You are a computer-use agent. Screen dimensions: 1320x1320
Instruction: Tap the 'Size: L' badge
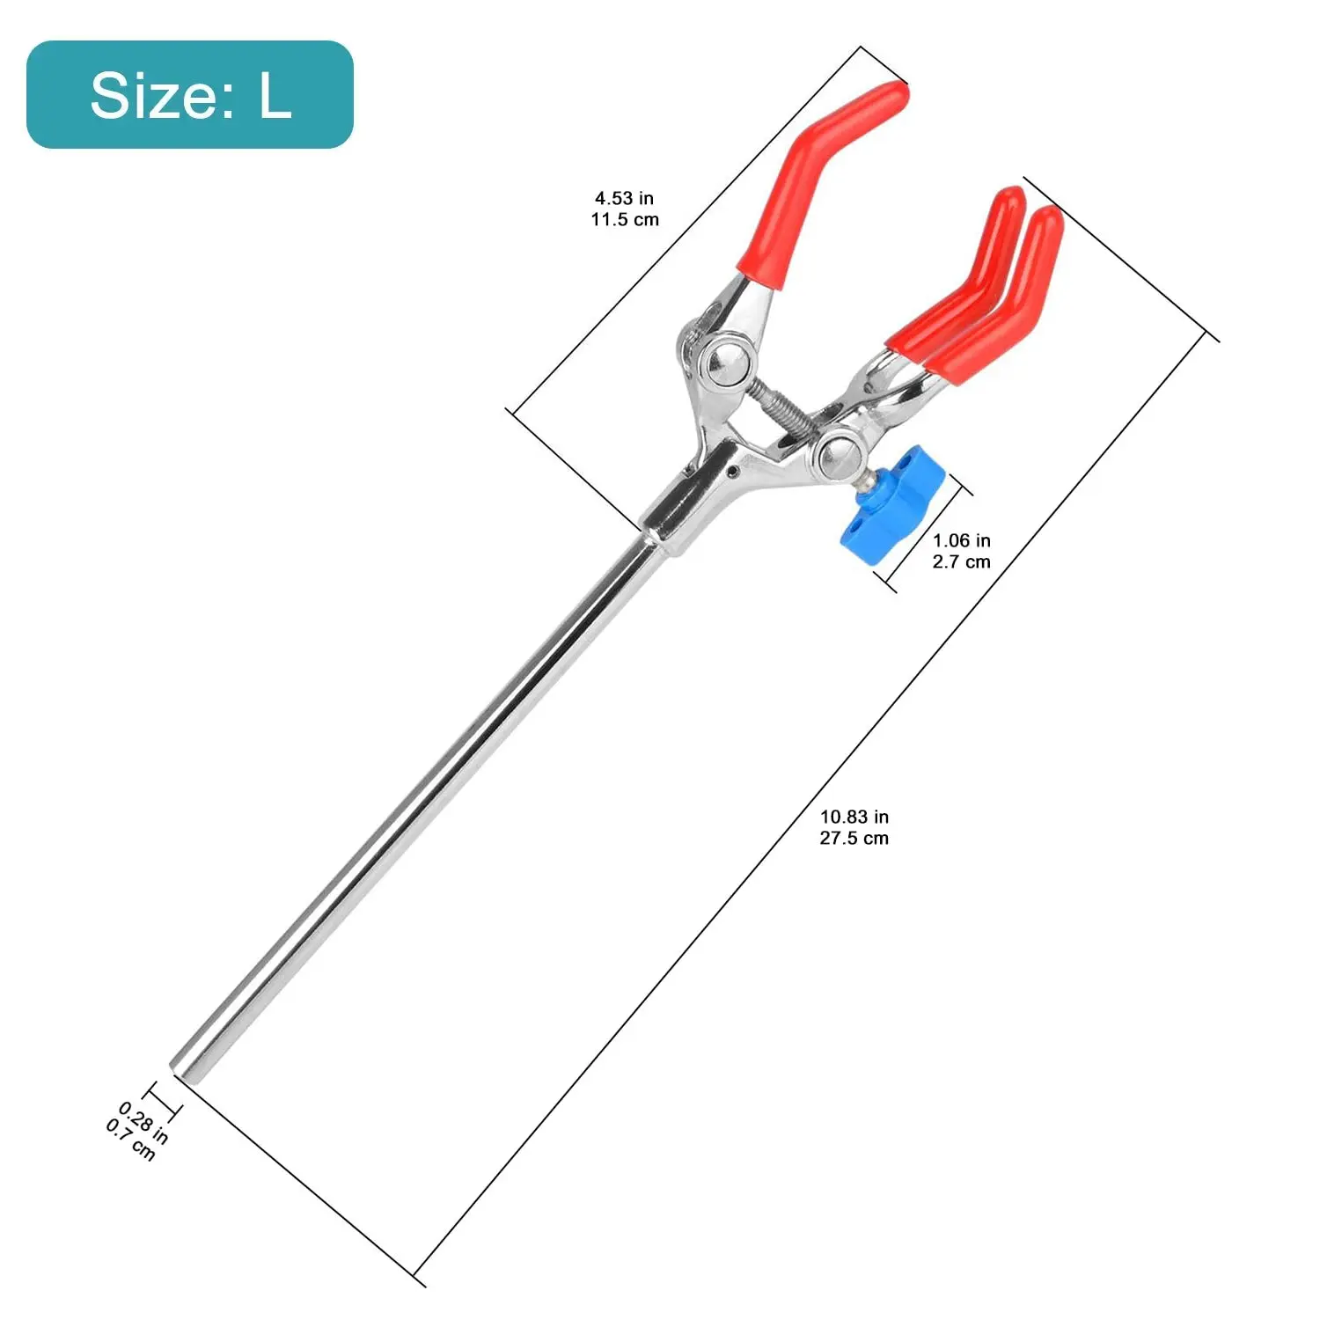(x=189, y=94)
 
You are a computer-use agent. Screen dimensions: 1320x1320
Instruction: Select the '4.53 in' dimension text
(x=624, y=199)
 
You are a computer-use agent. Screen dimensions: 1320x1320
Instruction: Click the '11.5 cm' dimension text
(x=624, y=220)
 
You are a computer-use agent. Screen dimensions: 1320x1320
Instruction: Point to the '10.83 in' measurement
(x=854, y=818)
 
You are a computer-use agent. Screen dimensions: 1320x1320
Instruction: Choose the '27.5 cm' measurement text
(x=854, y=839)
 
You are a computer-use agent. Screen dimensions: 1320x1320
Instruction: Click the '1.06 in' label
(x=961, y=540)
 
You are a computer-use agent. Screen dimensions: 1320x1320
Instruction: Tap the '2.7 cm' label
(x=961, y=561)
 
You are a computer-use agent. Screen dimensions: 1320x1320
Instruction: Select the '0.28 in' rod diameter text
(x=144, y=1121)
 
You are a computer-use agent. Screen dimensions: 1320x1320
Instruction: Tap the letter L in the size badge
(x=275, y=95)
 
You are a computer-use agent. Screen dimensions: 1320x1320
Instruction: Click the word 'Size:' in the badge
(x=164, y=95)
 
